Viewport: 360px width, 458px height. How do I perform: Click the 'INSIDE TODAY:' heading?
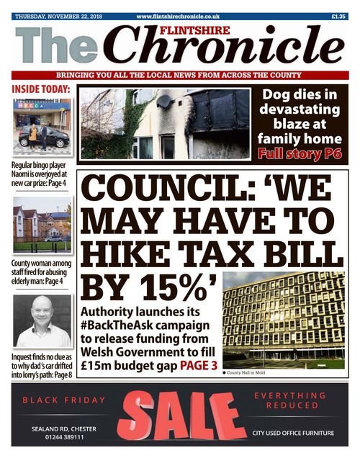pos(40,89)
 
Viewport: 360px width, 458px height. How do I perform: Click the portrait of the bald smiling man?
pos(42,320)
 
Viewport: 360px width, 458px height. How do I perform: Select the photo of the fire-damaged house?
pos(164,123)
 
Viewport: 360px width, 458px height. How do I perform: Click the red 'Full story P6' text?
pos(300,153)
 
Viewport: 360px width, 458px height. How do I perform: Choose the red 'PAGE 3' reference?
pos(192,366)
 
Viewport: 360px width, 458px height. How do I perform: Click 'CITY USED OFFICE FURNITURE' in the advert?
pos(292,433)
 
